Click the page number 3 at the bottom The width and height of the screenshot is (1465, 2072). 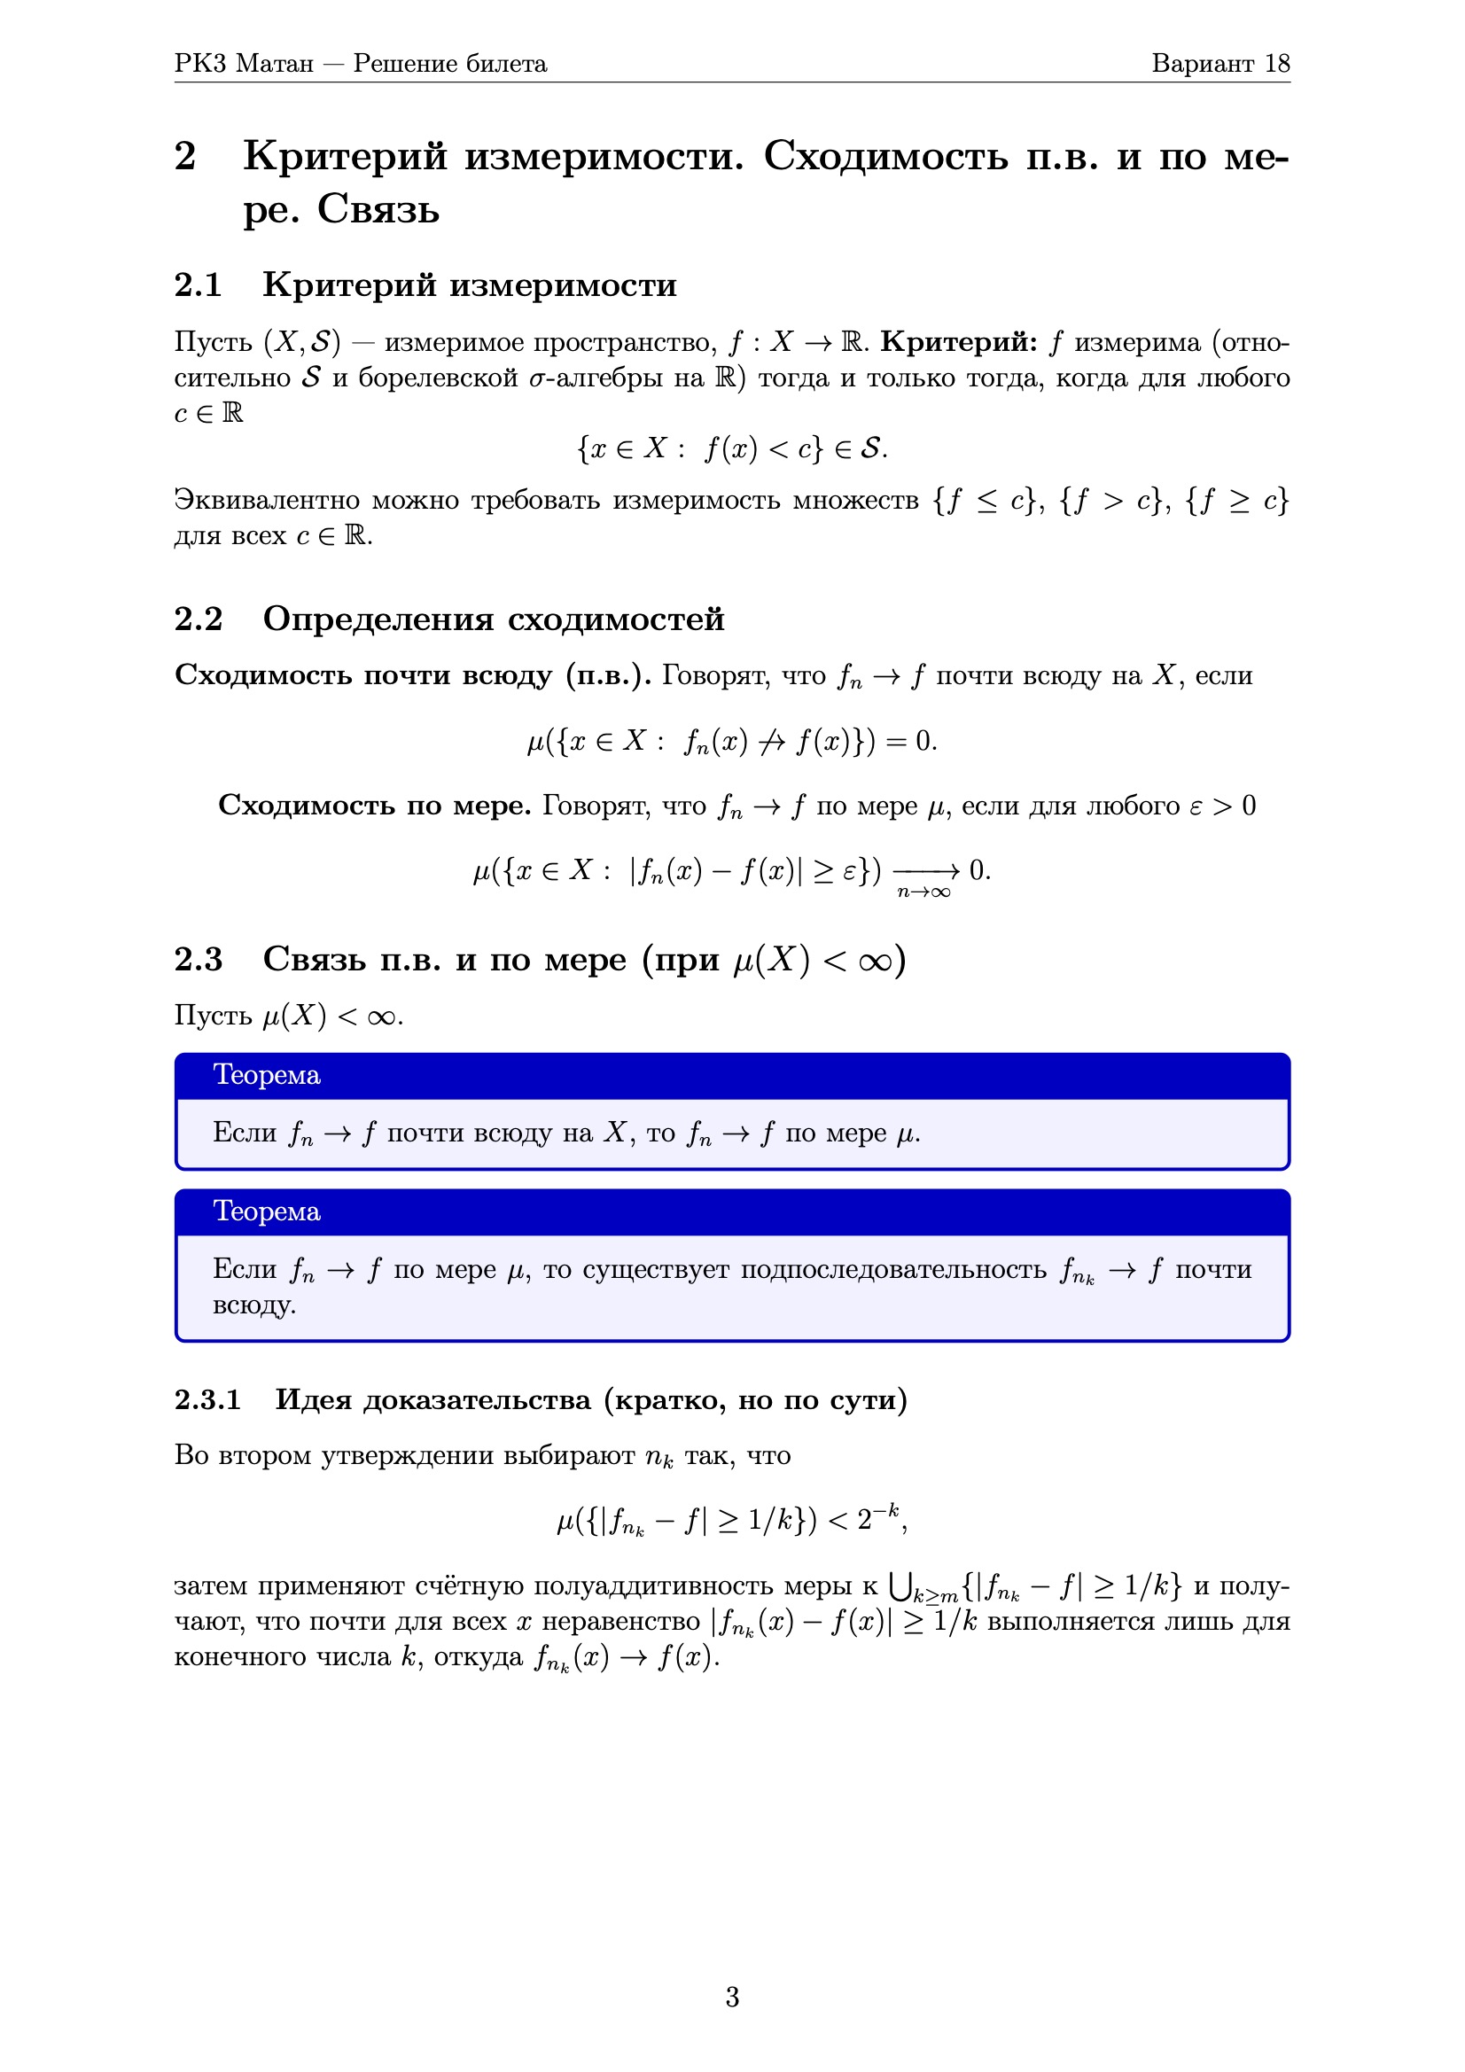tap(732, 1997)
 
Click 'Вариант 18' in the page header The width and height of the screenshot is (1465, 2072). tap(1220, 63)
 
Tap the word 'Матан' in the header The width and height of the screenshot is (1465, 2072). tap(275, 63)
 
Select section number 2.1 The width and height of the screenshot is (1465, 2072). tap(198, 284)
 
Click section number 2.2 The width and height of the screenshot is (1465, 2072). tap(198, 619)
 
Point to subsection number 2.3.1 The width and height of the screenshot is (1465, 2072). tap(207, 1399)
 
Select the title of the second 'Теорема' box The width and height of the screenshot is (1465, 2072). tap(267, 1211)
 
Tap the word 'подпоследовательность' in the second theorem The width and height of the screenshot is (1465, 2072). tap(893, 1270)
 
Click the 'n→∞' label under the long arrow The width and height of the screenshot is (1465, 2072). tap(923, 892)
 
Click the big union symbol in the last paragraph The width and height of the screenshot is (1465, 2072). tap(899, 1585)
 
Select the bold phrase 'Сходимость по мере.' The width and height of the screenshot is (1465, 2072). tap(375, 805)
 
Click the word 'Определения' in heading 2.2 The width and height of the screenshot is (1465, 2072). tap(378, 619)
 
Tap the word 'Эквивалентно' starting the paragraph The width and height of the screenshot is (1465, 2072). tap(267, 500)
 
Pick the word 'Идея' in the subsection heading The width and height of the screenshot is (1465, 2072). tap(311, 1399)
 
